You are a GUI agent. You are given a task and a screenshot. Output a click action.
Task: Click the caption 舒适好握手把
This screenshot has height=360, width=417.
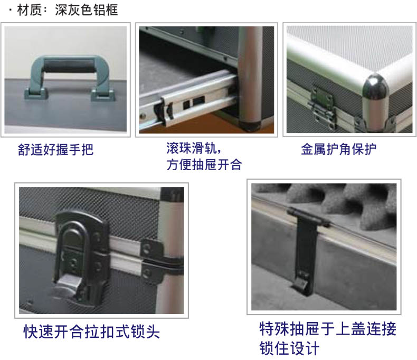[55, 149]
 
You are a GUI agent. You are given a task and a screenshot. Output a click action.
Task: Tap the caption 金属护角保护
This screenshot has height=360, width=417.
[338, 149]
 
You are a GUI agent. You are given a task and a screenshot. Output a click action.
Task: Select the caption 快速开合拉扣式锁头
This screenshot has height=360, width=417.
[92, 331]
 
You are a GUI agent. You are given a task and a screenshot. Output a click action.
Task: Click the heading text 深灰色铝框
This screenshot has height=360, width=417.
[87, 10]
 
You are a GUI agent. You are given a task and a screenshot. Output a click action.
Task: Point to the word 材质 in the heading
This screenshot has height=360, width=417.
[29, 10]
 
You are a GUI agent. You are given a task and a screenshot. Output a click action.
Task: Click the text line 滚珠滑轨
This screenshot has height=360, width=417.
[193, 148]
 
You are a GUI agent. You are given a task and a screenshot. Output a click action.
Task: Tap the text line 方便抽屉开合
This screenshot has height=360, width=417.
[204, 164]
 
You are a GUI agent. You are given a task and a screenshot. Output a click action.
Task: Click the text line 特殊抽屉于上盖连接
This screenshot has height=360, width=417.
[328, 329]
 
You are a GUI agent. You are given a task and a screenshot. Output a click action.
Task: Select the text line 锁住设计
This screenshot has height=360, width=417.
[289, 348]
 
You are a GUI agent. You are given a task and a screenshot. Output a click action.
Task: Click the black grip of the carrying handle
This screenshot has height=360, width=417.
[69, 65]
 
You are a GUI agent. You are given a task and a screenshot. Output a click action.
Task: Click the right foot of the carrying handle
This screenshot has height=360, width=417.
[103, 95]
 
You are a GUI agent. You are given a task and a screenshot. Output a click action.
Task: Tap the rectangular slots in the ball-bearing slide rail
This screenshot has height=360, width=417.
[194, 102]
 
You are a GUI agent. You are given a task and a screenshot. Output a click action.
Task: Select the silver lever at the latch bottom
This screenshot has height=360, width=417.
[67, 287]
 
